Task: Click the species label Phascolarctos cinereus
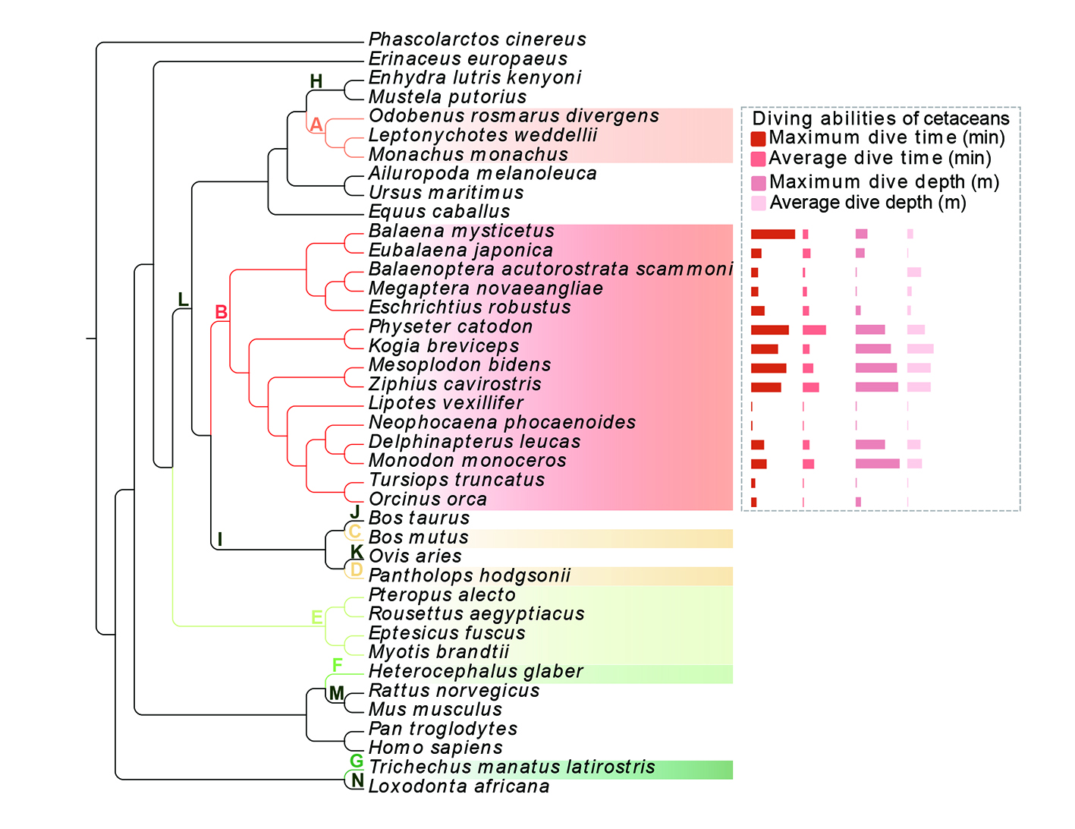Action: point(477,39)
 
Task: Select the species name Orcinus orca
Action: point(428,499)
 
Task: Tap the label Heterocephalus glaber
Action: point(476,671)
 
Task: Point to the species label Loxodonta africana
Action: point(459,786)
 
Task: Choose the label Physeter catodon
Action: point(451,326)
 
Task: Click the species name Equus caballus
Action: point(439,212)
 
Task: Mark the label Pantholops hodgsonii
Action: point(470,575)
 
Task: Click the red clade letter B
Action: point(221,312)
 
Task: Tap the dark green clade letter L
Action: point(183,299)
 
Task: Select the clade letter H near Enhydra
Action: point(316,81)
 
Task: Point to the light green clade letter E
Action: point(317,617)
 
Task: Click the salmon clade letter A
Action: point(316,125)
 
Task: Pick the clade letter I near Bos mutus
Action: point(220,539)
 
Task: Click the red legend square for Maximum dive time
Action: point(758,139)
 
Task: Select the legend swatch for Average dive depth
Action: point(759,203)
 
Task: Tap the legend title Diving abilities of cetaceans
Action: point(881,118)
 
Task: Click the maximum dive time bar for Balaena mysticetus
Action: point(773,234)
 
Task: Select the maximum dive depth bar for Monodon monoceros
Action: point(878,464)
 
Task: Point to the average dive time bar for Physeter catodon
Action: point(814,330)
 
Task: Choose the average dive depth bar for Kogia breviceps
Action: point(921,349)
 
